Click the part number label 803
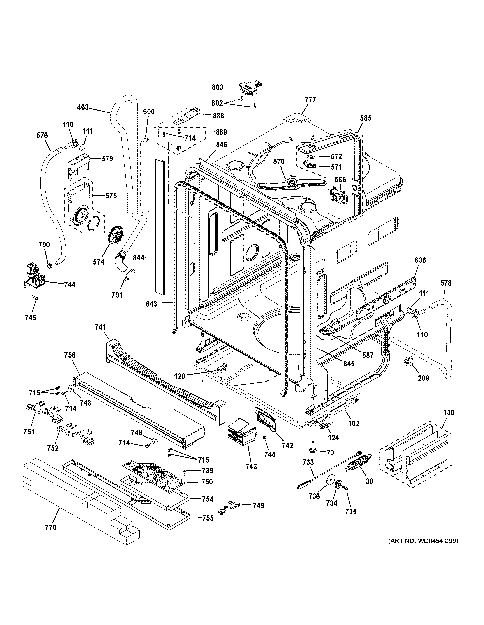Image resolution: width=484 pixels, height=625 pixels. (x=217, y=87)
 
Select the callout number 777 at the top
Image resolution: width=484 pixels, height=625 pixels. (x=310, y=100)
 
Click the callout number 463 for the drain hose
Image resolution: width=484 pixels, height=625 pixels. (x=83, y=108)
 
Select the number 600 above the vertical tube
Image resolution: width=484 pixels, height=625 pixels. (x=149, y=112)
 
